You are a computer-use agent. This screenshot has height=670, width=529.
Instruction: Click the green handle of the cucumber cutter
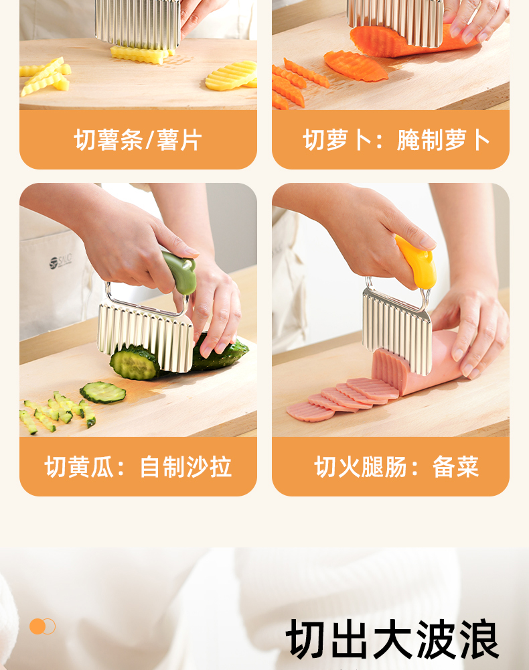[x=180, y=272]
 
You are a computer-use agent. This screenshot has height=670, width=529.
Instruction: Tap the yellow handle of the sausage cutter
[x=417, y=261]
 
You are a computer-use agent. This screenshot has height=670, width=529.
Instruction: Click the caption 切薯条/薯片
[x=137, y=140]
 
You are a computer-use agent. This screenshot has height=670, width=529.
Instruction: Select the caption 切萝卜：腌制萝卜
[x=396, y=140]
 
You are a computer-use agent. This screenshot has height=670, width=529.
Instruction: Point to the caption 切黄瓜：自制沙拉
[x=138, y=466]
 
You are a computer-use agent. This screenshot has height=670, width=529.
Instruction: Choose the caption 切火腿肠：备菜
[x=396, y=466]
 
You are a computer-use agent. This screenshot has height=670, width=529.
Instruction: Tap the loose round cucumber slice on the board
[x=103, y=392]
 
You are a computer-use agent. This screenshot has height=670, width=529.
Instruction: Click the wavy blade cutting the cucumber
[x=145, y=338]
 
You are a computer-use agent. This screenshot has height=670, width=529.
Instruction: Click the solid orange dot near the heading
[x=37, y=626]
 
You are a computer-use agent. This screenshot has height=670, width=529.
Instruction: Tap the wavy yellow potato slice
[x=232, y=75]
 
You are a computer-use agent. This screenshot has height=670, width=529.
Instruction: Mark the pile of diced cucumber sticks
[x=57, y=411]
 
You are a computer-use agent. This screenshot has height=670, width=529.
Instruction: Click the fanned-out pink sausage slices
[x=342, y=398]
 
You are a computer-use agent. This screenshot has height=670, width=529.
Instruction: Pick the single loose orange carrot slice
[x=355, y=66]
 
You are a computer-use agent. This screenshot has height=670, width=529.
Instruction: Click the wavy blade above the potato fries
[x=137, y=23]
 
